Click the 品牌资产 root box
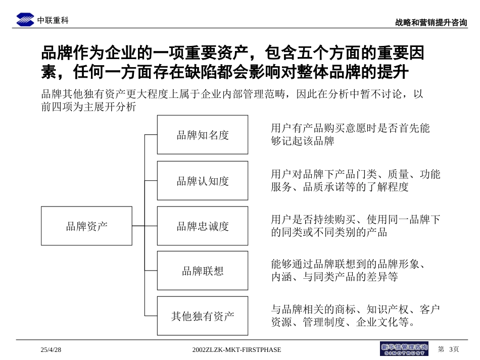point(86,226)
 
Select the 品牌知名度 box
point(202,135)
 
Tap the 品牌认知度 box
point(202,181)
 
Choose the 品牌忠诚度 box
point(202,226)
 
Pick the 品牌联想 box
point(202,271)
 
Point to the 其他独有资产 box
point(202,316)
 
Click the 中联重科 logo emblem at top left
point(25,20)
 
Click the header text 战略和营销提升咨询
point(431,23)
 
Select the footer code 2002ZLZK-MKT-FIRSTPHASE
point(237,349)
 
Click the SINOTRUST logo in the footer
point(404,349)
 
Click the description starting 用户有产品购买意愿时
point(350,134)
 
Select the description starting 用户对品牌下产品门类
point(355,180)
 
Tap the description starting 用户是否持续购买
point(355,226)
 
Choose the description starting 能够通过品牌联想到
point(348,270)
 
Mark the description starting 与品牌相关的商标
point(355,316)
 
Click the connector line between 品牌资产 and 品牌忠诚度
point(145,226)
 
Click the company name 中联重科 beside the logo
point(53,21)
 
